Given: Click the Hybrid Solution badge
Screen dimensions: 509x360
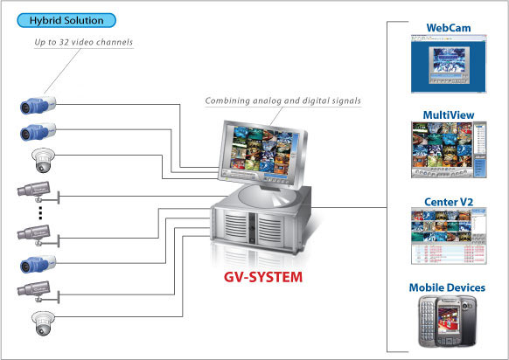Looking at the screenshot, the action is click(66, 20).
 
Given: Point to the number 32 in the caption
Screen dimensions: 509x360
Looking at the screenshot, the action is click(64, 42).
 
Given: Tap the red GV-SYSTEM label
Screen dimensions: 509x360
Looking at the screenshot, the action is click(263, 277).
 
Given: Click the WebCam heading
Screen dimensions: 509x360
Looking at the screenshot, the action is click(449, 28).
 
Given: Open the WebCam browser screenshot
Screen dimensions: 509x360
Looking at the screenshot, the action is click(449, 64).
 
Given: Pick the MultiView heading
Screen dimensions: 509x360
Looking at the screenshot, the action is click(449, 114).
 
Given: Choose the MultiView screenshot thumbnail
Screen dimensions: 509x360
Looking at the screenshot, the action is click(449, 149).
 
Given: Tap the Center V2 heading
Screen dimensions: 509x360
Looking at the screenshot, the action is click(449, 202).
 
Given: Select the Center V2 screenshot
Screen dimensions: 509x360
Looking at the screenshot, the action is click(449, 236).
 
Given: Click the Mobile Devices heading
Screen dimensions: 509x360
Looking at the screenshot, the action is click(447, 287).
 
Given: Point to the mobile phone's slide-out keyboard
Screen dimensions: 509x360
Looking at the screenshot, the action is click(426, 321).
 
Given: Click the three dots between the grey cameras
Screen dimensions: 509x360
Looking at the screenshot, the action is click(40, 212).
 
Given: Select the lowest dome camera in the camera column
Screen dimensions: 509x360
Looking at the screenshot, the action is click(44, 323).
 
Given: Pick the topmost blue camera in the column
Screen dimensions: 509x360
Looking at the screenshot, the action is click(38, 105).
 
